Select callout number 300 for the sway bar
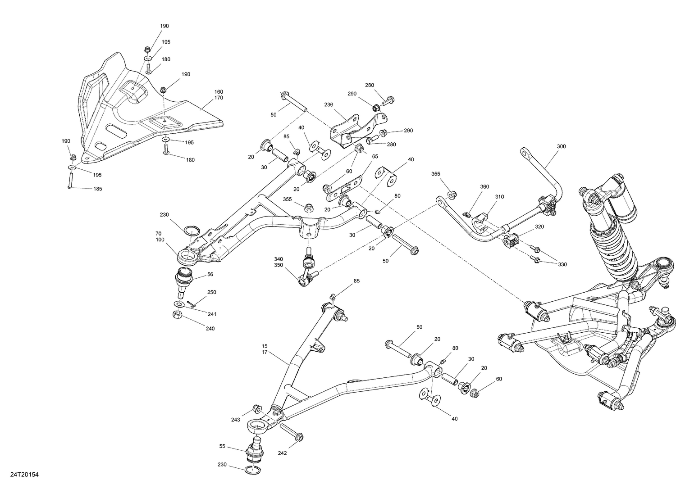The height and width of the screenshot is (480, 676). tap(561, 146)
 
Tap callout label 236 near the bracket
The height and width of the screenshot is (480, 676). tap(328, 104)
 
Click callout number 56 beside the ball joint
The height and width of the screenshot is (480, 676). tap(210, 274)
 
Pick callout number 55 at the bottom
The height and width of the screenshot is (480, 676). tap(222, 446)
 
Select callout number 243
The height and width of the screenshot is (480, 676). tap(236, 420)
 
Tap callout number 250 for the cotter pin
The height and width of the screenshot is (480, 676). tap(211, 292)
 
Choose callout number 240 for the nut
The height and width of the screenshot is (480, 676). tap(210, 328)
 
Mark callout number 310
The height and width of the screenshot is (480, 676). tap(499, 197)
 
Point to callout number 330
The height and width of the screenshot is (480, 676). tap(562, 264)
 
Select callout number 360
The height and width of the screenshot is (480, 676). tap(484, 186)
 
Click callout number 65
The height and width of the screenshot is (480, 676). tap(375, 156)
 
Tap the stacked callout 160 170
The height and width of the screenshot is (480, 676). tap(219, 95)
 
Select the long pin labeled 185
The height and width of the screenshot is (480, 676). tap(71, 180)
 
